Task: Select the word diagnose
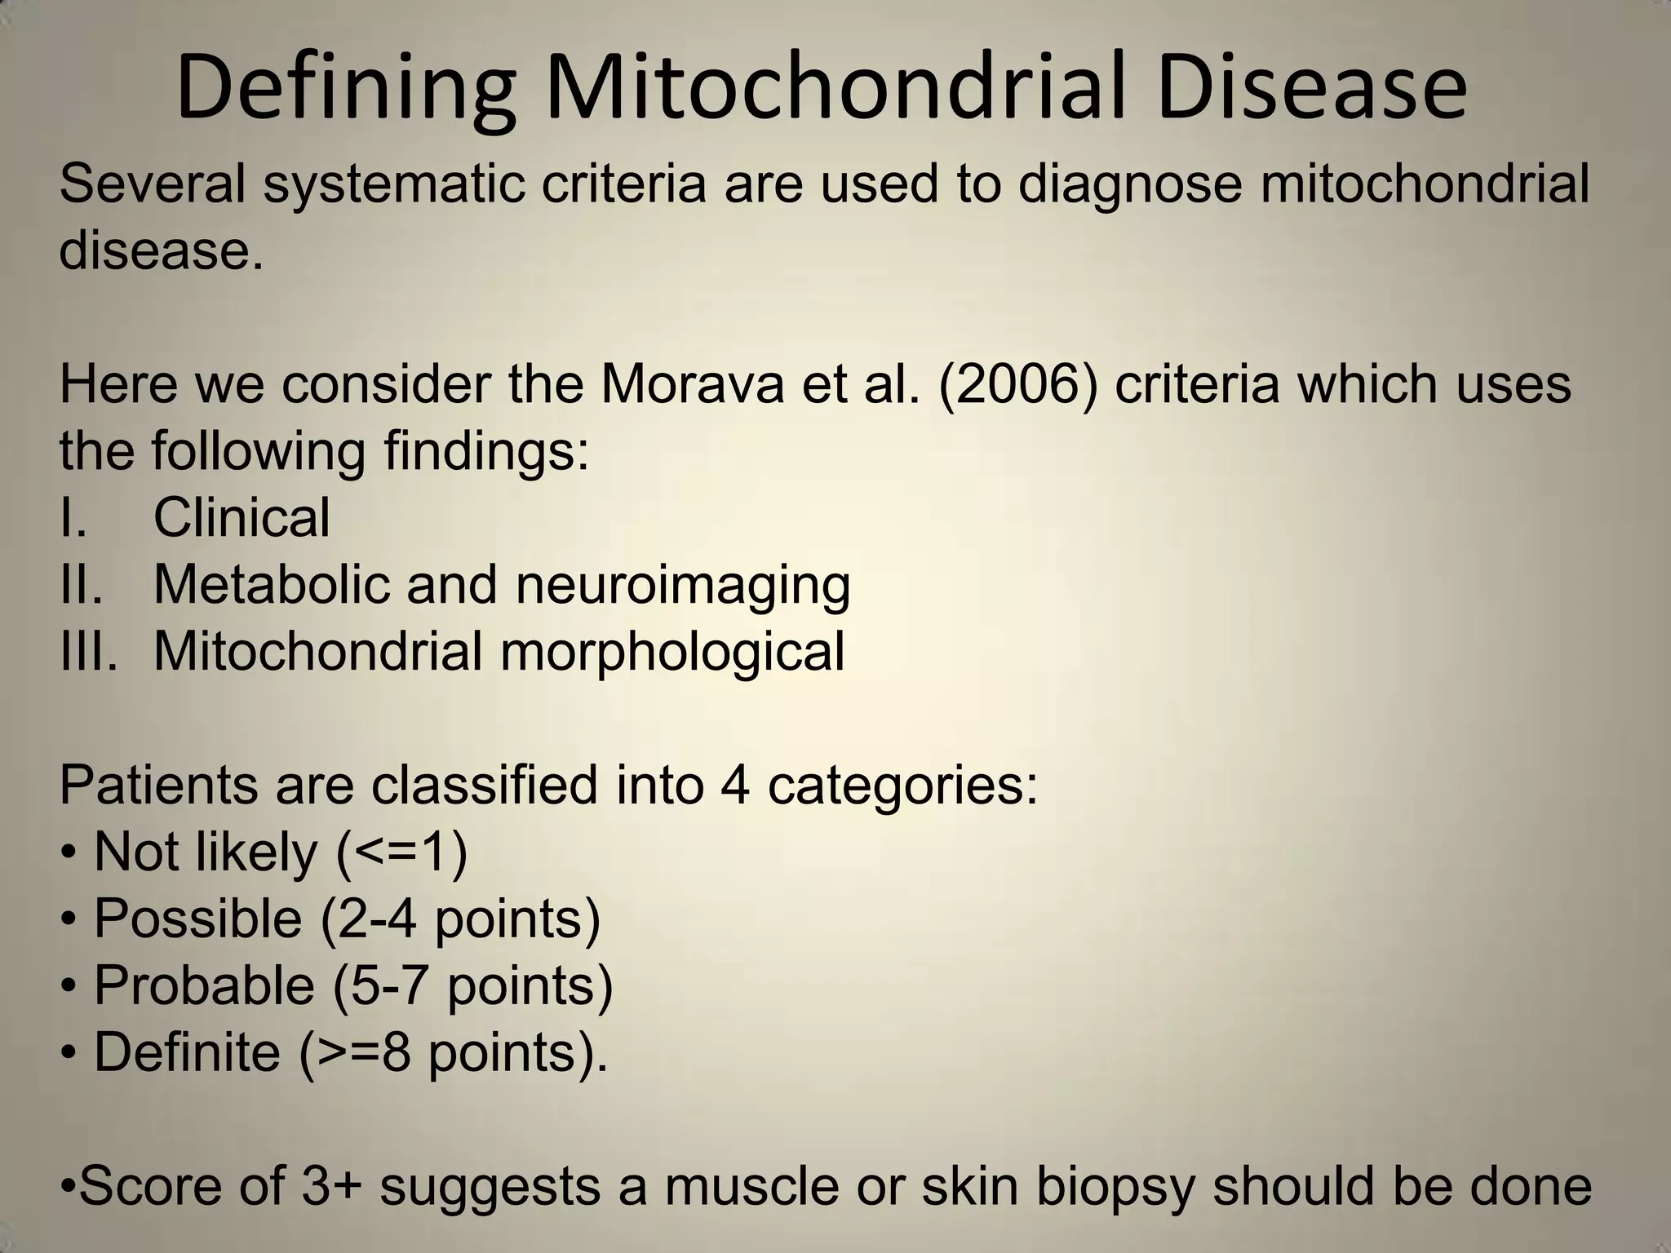pos(1130,184)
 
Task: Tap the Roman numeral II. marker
pos(82,584)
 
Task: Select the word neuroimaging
pos(683,586)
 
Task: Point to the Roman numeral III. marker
pos(88,651)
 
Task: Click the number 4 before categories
pos(735,785)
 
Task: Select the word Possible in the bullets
pos(198,919)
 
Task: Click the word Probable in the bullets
pos(204,985)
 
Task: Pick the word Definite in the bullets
pos(187,1052)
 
